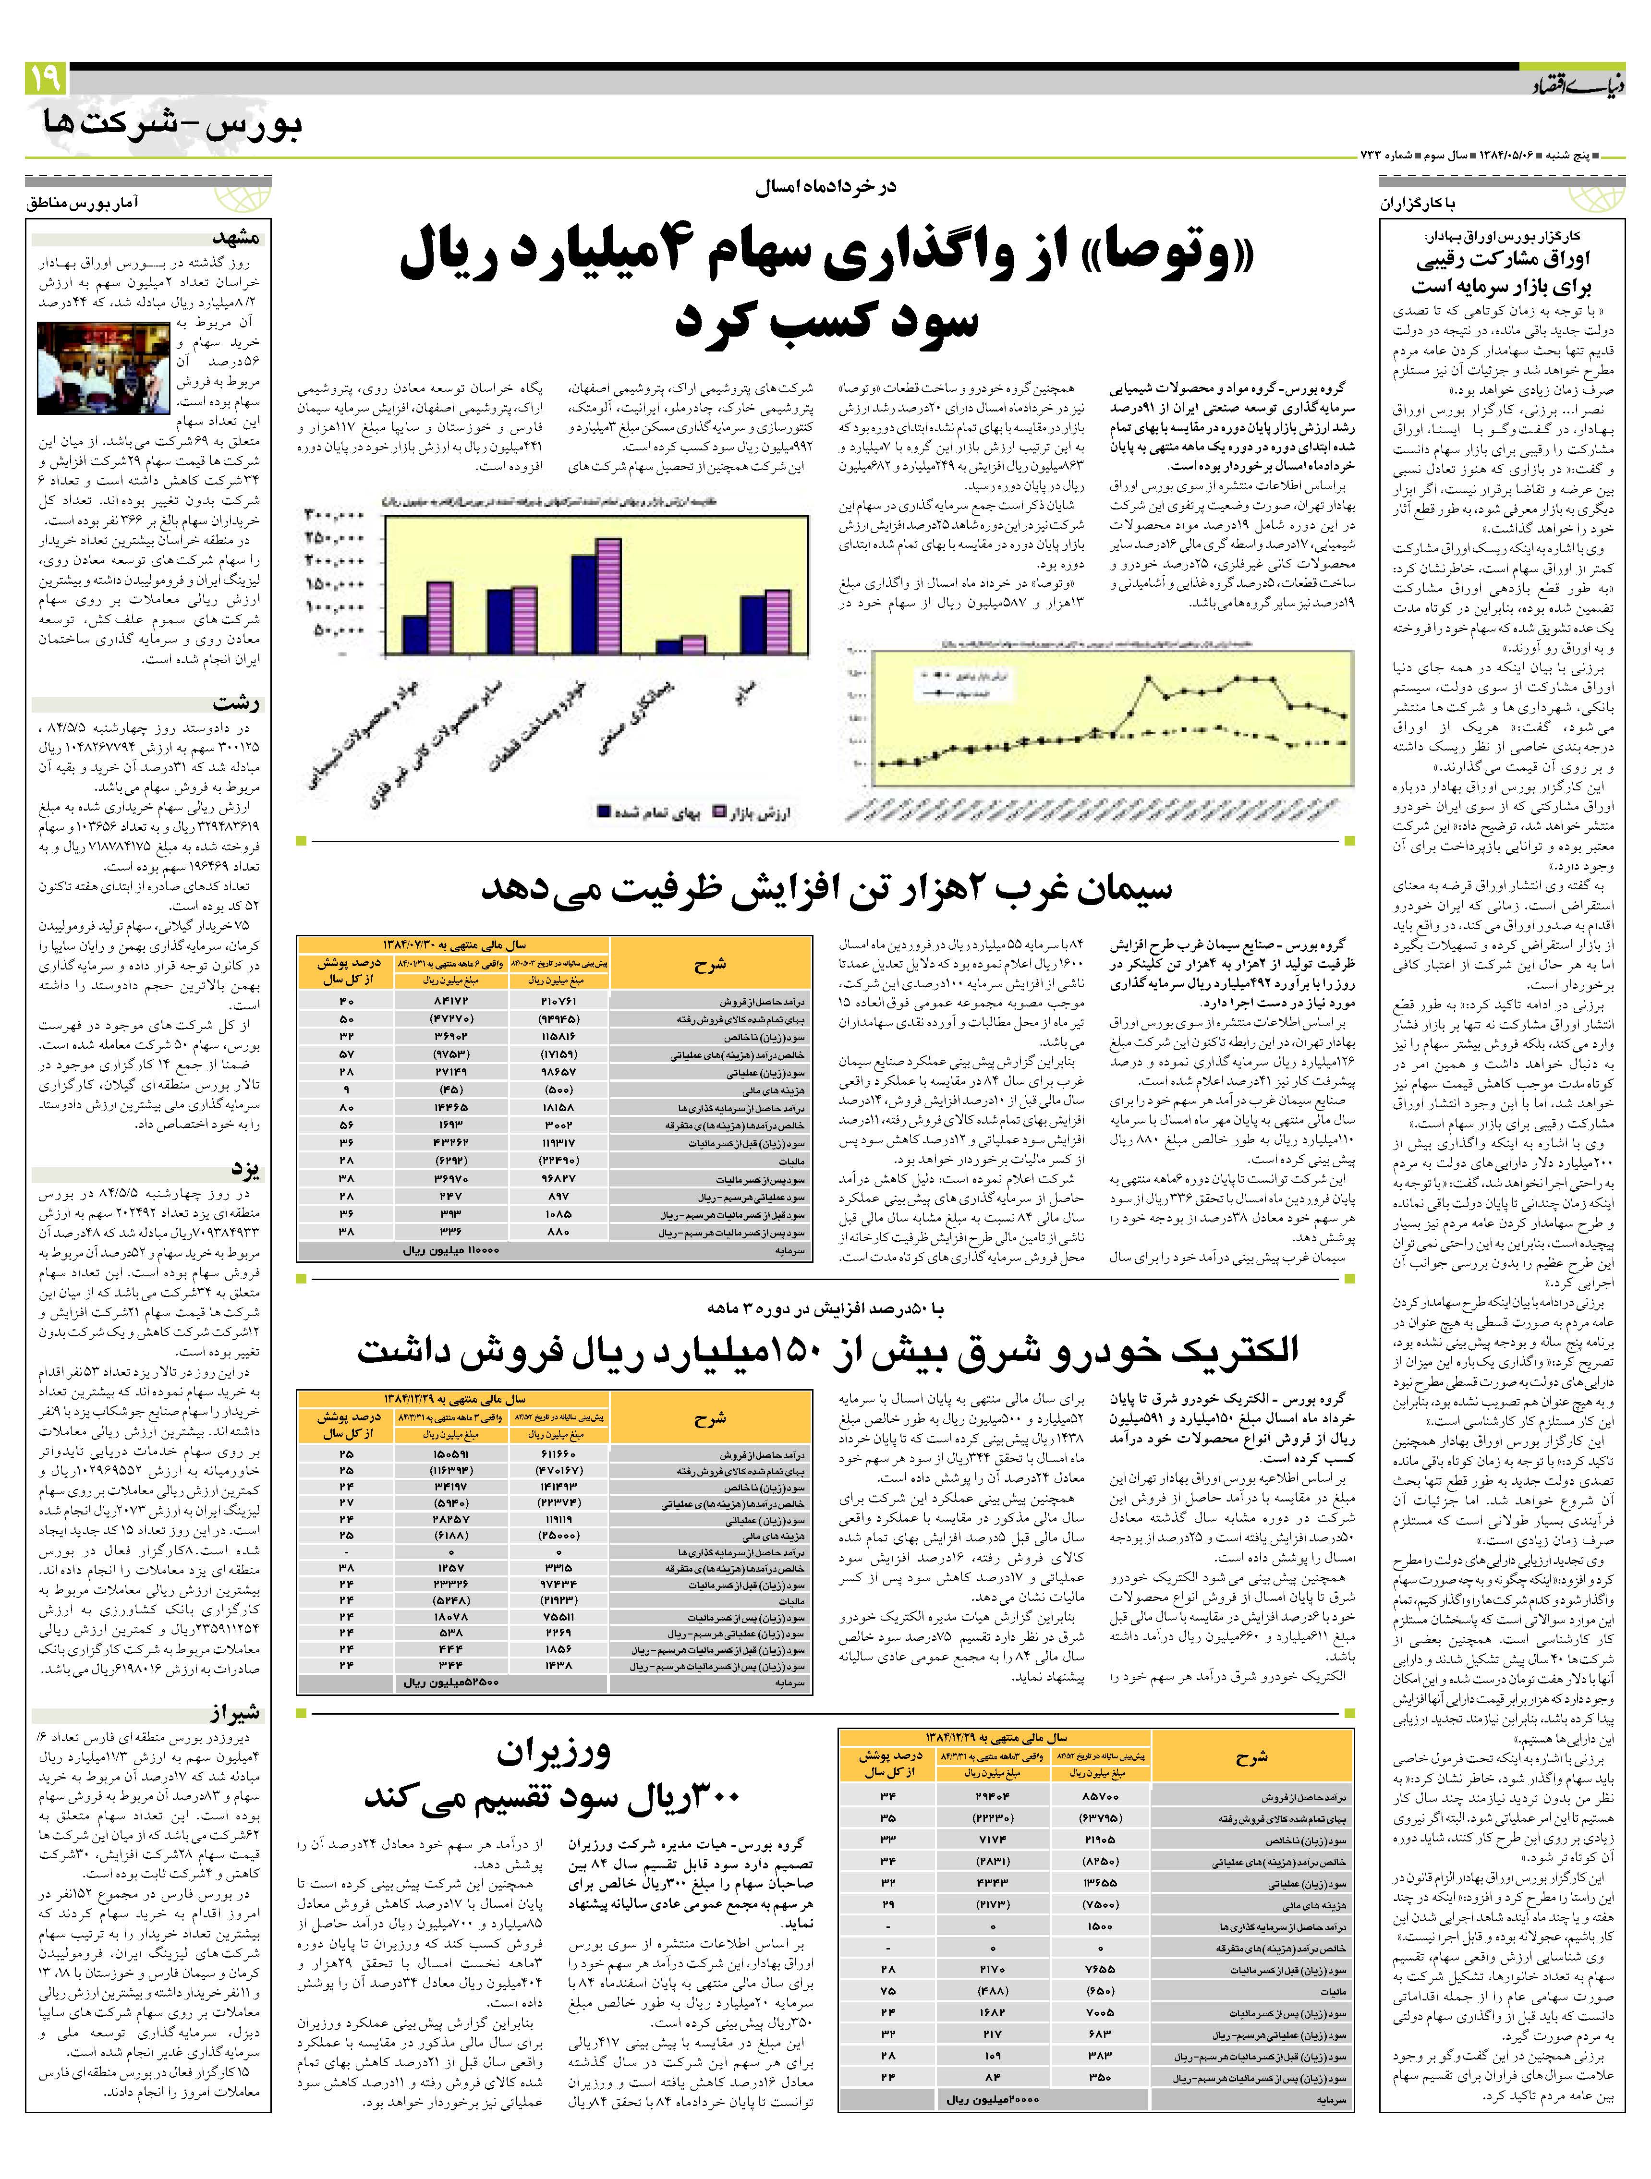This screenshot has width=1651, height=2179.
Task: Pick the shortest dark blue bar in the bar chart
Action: (x=668, y=646)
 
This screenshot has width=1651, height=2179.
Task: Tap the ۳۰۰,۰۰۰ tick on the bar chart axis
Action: (x=335, y=514)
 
